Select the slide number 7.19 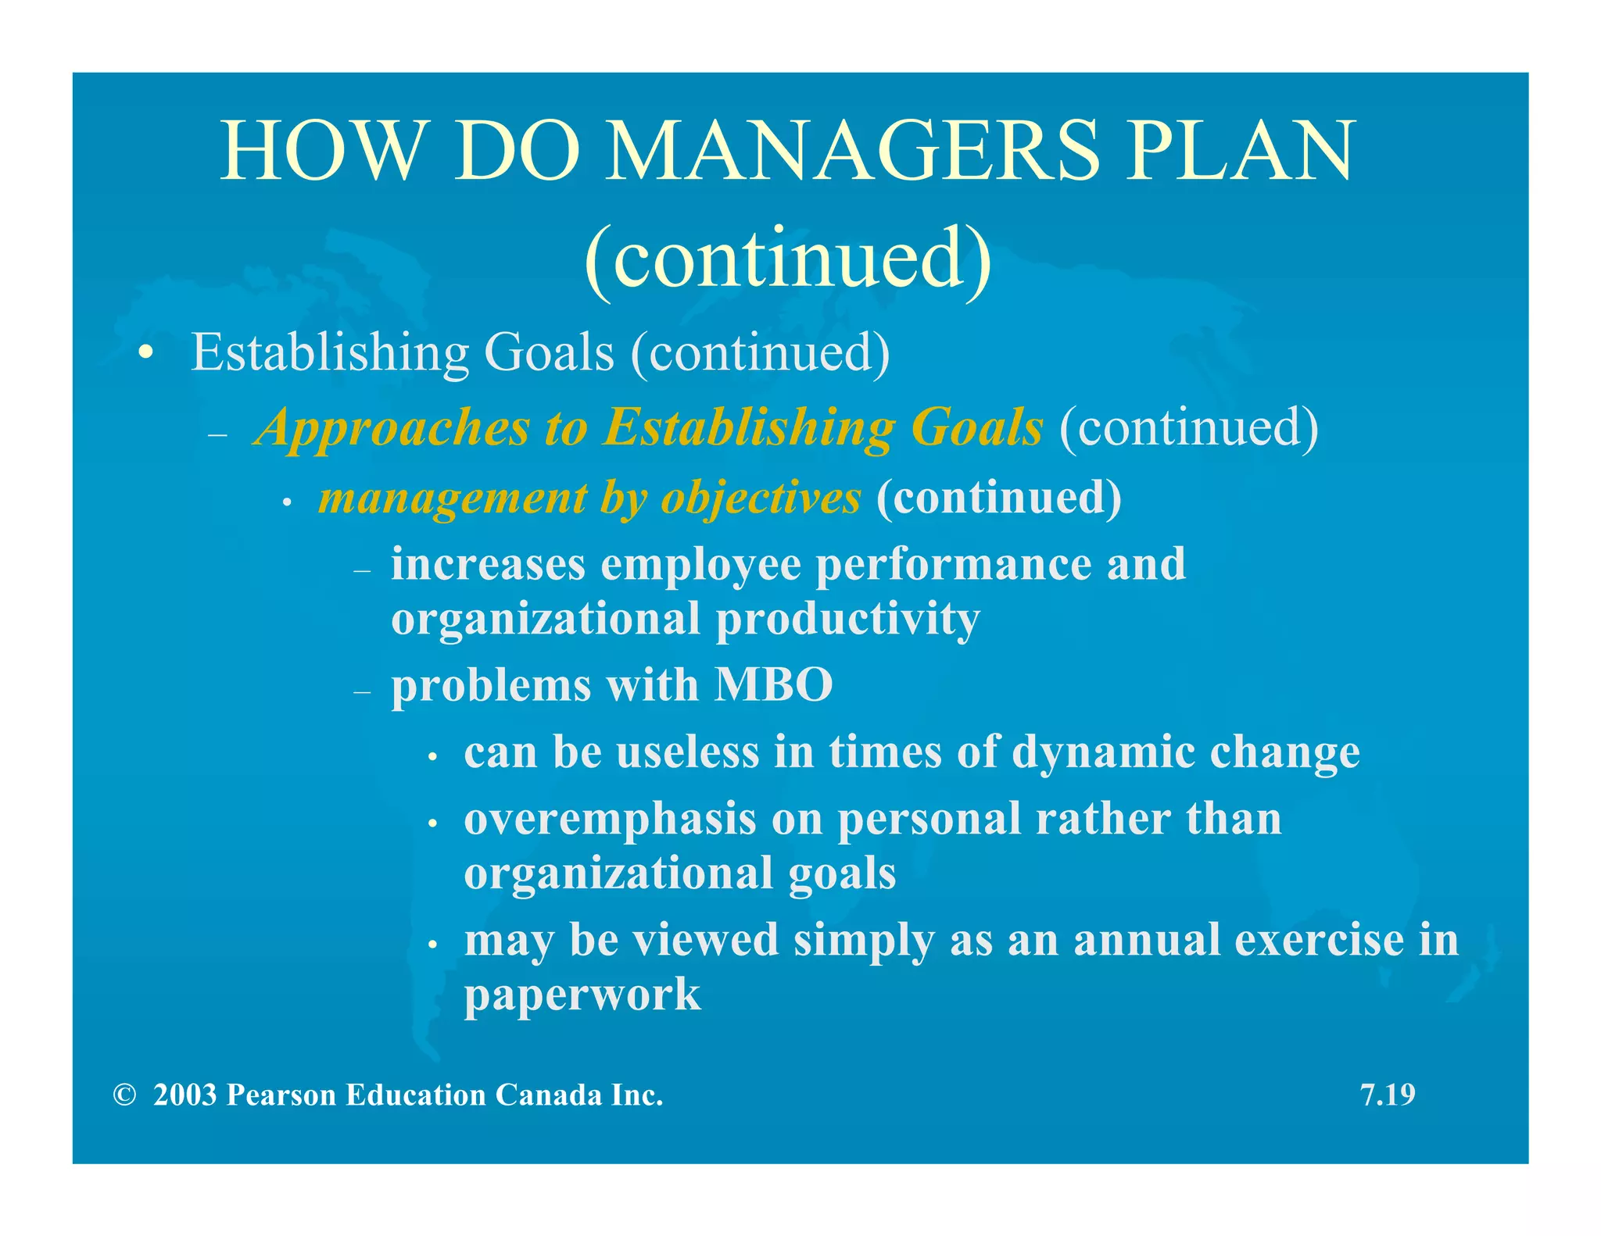pyautogui.click(x=1388, y=1095)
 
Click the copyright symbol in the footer pyautogui.click(x=124, y=1095)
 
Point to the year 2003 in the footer pyautogui.click(x=184, y=1095)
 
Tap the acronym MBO pyautogui.click(x=773, y=685)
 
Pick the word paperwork pyautogui.click(x=582, y=995)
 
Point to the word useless pyautogui.click(x=687, y=752)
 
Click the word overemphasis pyautogui.click(x=610, y=820)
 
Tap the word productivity pyautogui.click(x=847, y=620)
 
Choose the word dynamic pyautogui.click(x=1103, y=752)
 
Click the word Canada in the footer pyautogui.click(x=549, y=1095)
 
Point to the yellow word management pyautogui.click(x=453, y=498)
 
